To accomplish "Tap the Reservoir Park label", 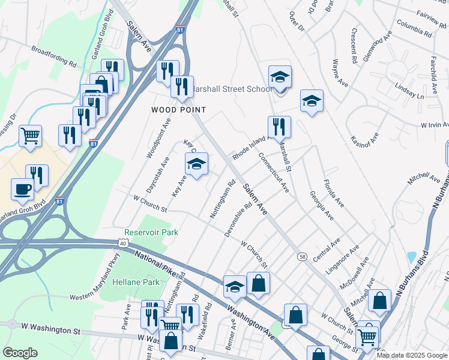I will point(151,232).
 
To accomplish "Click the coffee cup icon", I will point(23,188).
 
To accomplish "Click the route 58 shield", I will point(303,256).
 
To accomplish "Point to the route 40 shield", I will point(123,242).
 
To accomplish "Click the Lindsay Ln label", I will point(409,91).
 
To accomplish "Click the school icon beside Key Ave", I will point(196,164).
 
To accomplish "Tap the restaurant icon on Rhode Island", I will point(279,127).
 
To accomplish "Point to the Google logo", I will point(20,352).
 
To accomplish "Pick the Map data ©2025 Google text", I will point(412,355).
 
